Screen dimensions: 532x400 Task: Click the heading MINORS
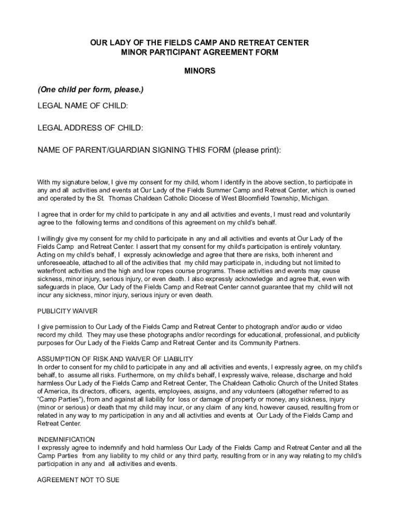click(x=200, y=71)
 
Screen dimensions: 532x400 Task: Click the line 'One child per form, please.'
click(x=90, y=90)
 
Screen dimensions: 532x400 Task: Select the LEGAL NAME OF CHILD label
click(x=83, y=107)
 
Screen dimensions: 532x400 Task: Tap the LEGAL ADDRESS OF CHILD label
click(x=90, y=128)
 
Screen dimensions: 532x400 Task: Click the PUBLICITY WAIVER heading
click(x=68, y=311)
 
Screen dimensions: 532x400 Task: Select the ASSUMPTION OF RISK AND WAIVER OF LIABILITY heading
click(x=115, y=359)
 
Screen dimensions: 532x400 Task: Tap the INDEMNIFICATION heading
click(x=66, y=440)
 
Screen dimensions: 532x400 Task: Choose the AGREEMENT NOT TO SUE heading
click(x=78, y=480)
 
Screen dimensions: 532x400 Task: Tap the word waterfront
click(x=53, y=271)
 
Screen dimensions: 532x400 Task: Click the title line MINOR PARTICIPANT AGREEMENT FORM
click(x=200, y=52)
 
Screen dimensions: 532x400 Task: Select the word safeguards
click(x=54, y=287)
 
